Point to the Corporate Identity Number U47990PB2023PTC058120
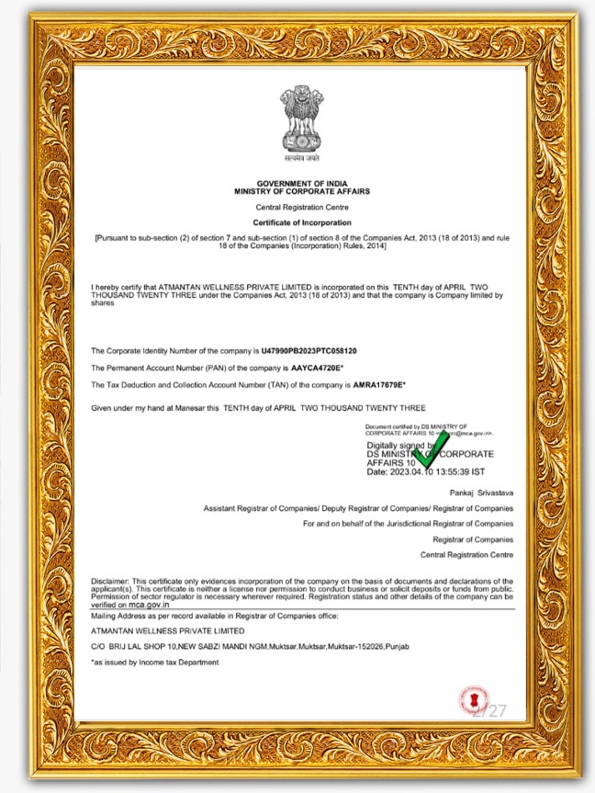[x=309, y=351]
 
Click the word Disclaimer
[x=110, y=582]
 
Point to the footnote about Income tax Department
[x=154, y=662]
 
